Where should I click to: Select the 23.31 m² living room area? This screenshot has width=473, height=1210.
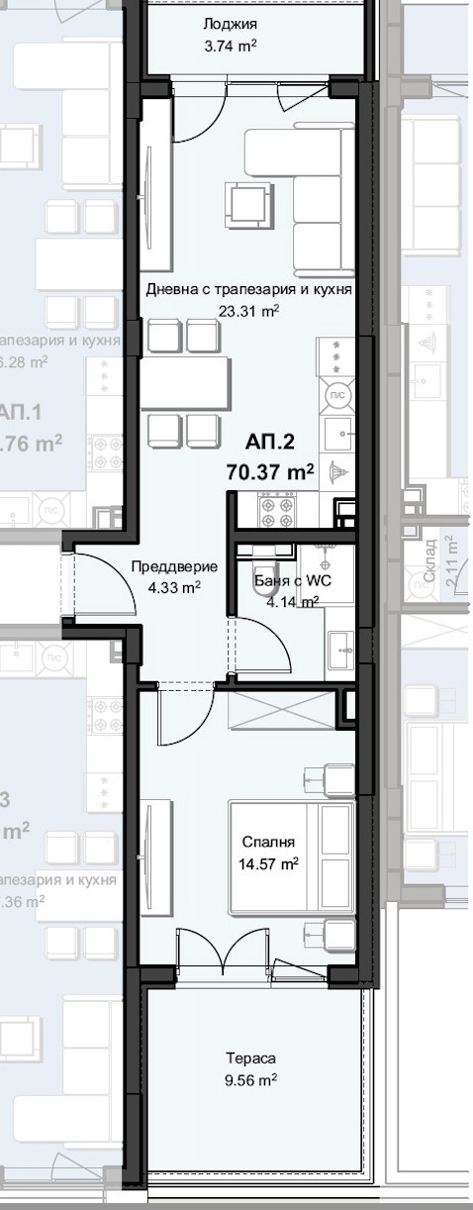tap(248, 309)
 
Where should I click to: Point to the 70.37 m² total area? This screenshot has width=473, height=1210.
tap(270, 472)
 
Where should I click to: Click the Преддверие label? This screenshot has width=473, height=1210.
tap(173, 566)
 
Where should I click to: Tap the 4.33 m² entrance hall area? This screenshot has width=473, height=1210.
tap(173, 586)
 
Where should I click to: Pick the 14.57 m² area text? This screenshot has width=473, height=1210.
tap(268, 863)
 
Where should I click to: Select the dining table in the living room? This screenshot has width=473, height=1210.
tap(184, 383)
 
